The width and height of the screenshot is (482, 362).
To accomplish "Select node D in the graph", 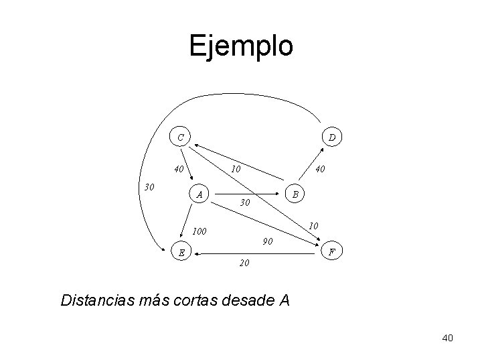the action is coord(333,137).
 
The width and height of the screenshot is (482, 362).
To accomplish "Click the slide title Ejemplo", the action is coord(241,46).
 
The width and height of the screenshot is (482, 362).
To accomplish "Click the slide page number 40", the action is coord(447,338).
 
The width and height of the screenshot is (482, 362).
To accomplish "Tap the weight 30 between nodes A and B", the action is coord(244,202).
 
